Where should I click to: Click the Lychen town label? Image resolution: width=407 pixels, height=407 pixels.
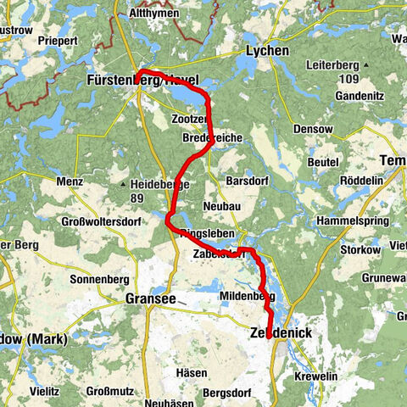266,51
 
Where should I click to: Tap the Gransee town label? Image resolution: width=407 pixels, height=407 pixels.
150,298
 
